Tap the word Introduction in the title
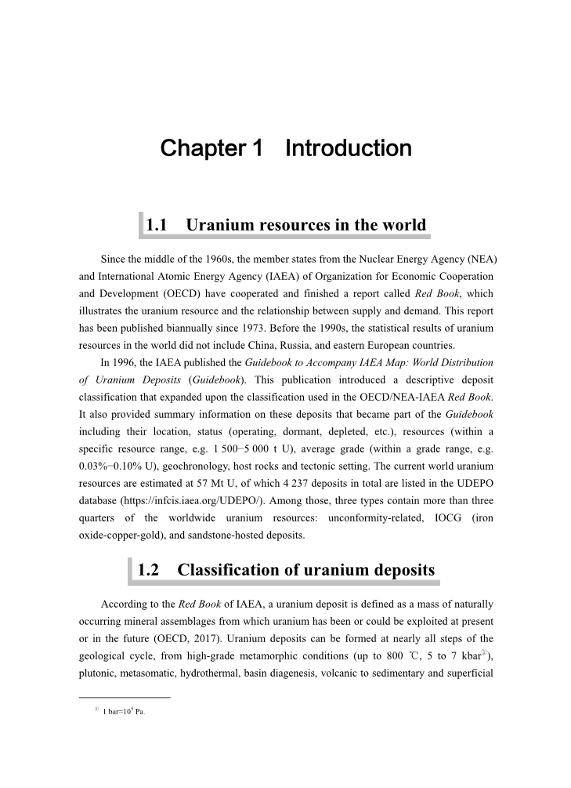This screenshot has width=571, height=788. (x=349, y=148)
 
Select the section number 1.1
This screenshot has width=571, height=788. (x=158, y=225)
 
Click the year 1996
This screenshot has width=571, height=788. (x=130, y=363)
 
